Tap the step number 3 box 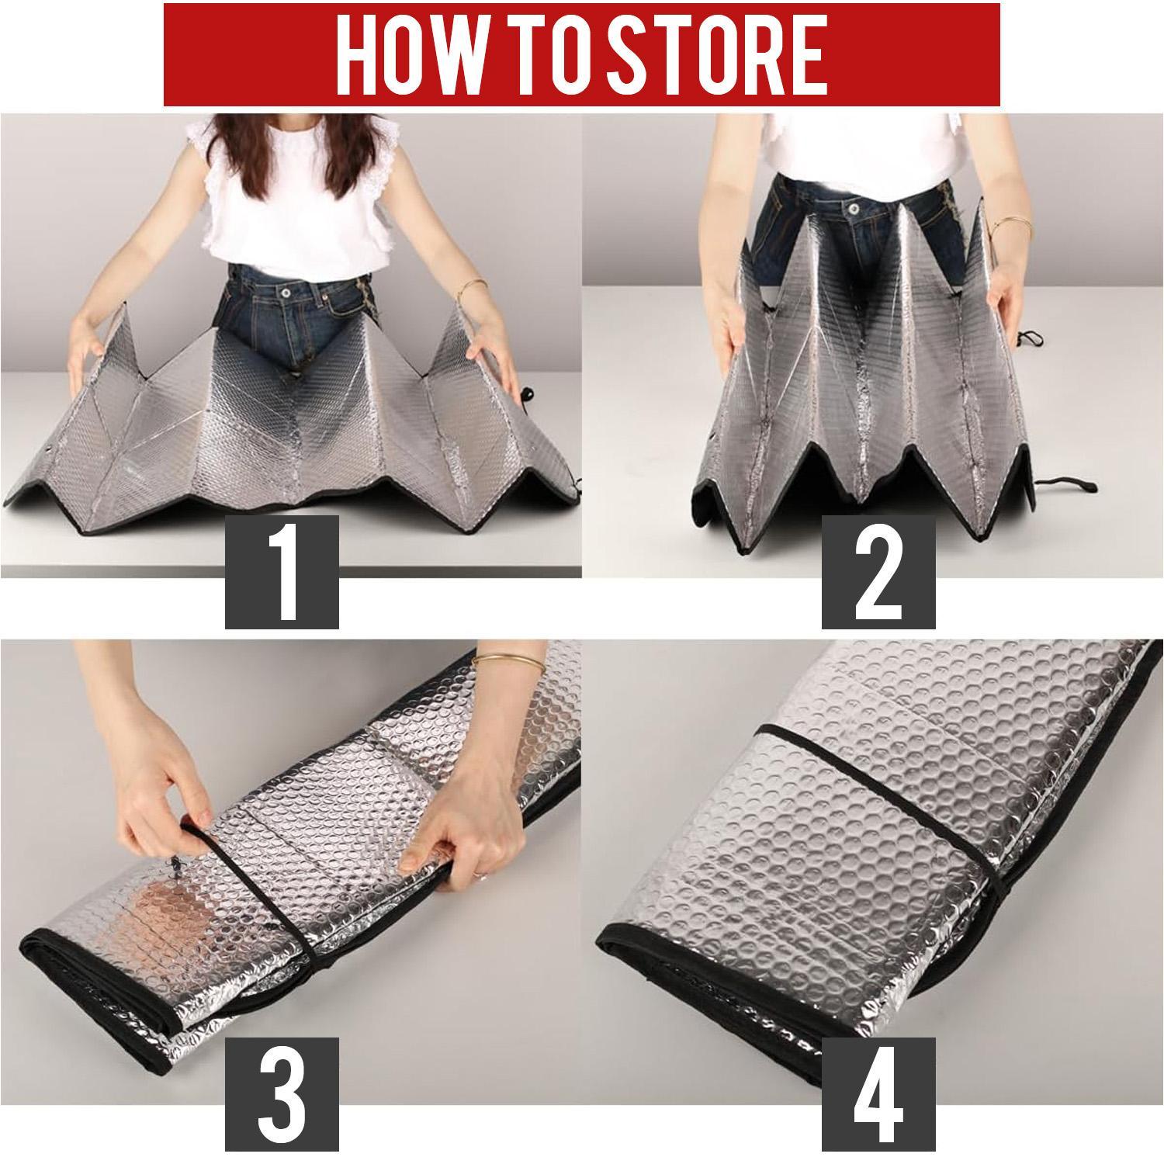pos(282,1093)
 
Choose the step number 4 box pos(879,1093)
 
